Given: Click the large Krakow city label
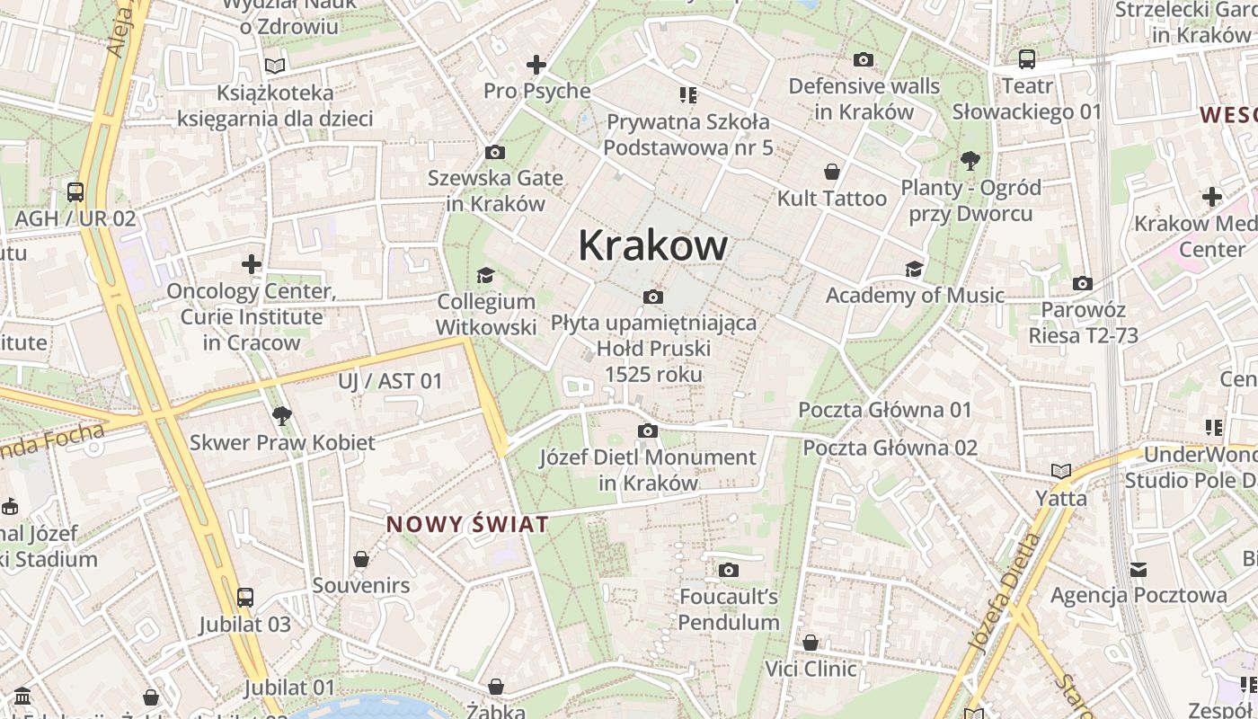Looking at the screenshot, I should point(652,244).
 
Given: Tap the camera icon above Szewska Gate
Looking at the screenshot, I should point(494,152).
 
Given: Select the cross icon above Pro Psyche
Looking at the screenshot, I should point(536,65).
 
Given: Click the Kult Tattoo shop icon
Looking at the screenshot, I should point(832,172).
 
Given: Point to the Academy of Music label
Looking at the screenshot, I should point(915,295).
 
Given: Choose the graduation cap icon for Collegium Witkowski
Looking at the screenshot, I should point(485,275).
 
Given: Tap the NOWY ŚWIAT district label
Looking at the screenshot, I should point(466,524).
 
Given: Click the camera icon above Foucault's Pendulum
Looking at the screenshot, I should point(729,570).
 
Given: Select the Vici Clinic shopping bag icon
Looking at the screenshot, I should point(811,643).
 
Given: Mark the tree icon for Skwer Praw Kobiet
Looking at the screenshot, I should point(281,415).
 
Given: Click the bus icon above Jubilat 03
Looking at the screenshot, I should point(244,597).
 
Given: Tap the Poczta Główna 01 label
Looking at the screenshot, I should point(885,410).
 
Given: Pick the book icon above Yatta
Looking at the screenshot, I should point(1061,471).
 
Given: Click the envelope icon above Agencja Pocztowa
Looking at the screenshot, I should point(1138,569).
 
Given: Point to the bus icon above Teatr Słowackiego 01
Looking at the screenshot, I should point(1026,59).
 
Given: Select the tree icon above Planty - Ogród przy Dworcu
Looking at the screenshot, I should point(970,161).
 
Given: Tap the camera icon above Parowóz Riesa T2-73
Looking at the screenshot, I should point(1083,284).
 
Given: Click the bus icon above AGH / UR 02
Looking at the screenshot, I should point(75,191).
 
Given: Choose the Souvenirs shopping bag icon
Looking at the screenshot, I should point(361,559).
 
